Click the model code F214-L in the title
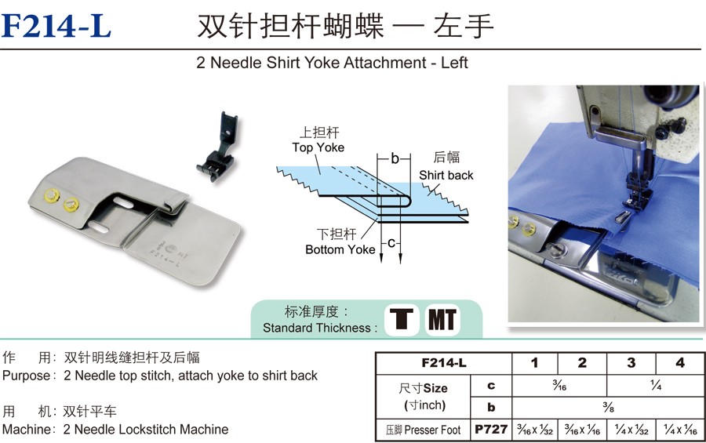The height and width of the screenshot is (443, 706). tap(56, 26)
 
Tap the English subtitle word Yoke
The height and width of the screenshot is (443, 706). tap(322, 63)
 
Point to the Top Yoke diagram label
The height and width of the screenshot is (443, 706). tap(318, 147)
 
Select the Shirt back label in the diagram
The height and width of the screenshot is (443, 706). tap(446, 175)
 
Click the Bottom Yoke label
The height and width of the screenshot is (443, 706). tap(340, 249)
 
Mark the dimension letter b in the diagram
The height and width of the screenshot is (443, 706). tap(395, 158)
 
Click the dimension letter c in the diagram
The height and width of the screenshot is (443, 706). tap(391, 243)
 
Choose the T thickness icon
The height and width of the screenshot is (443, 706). tap(402, 320)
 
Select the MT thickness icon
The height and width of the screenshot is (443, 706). tap(442, 320)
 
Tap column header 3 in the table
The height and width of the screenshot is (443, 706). tap(631, 363)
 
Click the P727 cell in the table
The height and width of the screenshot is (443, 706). tap(491, 430)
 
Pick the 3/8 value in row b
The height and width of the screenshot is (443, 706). tap(608, 408)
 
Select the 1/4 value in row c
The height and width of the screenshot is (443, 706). tap(656, 386)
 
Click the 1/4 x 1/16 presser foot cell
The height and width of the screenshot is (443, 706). tap(680, 430)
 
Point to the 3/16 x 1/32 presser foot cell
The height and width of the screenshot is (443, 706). tap(535, 430)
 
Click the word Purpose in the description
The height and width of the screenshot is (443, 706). tap(27, 376)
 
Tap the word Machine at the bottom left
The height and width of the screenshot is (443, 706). tap(27, 429)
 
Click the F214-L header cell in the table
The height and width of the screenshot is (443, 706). tap(444, 363)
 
